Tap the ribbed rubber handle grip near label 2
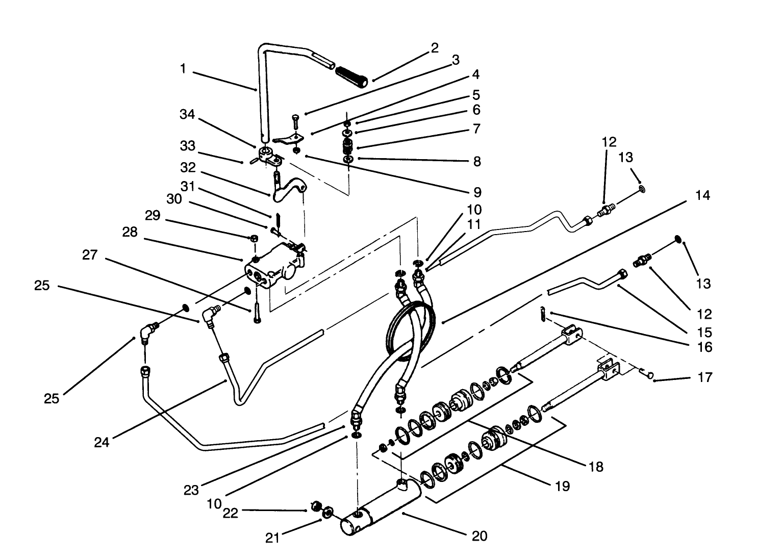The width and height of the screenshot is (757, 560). point(351,77)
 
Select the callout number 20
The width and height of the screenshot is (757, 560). point(480,536)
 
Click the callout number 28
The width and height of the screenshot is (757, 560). point(130,232)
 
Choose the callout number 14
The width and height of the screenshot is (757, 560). point(702,195)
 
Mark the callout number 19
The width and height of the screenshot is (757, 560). point(562,486)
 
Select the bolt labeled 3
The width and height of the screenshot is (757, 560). point(295,123)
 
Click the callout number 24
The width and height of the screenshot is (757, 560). point(102,442)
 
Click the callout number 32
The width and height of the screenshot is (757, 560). point(188,167)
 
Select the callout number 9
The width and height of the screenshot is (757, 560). point(477,192)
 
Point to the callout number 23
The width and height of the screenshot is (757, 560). point(191,491)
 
